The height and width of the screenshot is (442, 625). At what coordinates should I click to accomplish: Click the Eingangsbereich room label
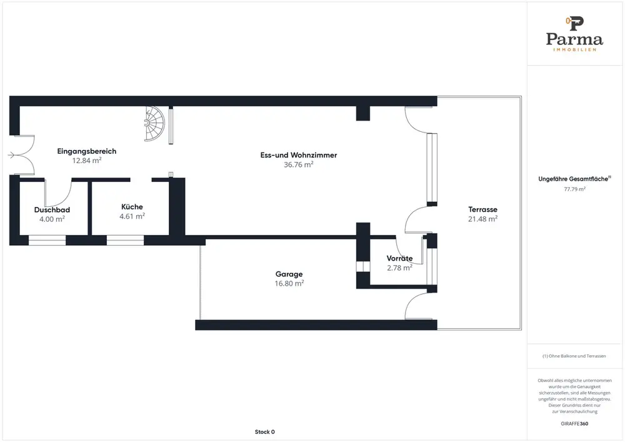tap(87, 151)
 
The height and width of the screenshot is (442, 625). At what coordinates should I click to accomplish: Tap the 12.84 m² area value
tap(87, 160)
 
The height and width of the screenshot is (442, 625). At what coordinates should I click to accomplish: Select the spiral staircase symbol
tap(156, 124)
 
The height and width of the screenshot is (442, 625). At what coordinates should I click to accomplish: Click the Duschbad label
tap(52, 209)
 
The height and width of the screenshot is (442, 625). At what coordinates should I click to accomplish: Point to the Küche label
tap(132, 207)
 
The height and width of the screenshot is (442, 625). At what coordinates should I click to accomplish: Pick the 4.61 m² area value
tap(132, 216)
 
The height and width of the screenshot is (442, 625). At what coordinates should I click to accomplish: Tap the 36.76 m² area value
tap(298, 164)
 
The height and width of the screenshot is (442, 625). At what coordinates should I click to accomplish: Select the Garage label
tap(289, 274)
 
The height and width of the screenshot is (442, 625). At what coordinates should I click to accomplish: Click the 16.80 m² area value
tap(289, 283)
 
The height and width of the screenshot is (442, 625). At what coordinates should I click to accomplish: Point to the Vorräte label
tap(399, 258)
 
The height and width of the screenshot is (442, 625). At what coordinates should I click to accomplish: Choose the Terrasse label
tap(482, 209)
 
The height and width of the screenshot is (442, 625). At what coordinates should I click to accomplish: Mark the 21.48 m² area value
tap(482, 219)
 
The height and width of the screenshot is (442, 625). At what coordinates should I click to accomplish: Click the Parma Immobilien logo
tap(574, 34)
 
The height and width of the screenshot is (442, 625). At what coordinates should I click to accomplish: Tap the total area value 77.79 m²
tap(574, 188)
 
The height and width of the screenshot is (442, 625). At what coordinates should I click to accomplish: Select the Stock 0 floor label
tap(264, 432)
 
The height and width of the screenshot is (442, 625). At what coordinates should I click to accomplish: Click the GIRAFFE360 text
tap(574, 423)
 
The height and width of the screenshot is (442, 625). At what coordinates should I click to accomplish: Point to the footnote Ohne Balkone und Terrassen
tap(574, 356)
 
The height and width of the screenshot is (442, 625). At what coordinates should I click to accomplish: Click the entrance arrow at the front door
tap(12, 156)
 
